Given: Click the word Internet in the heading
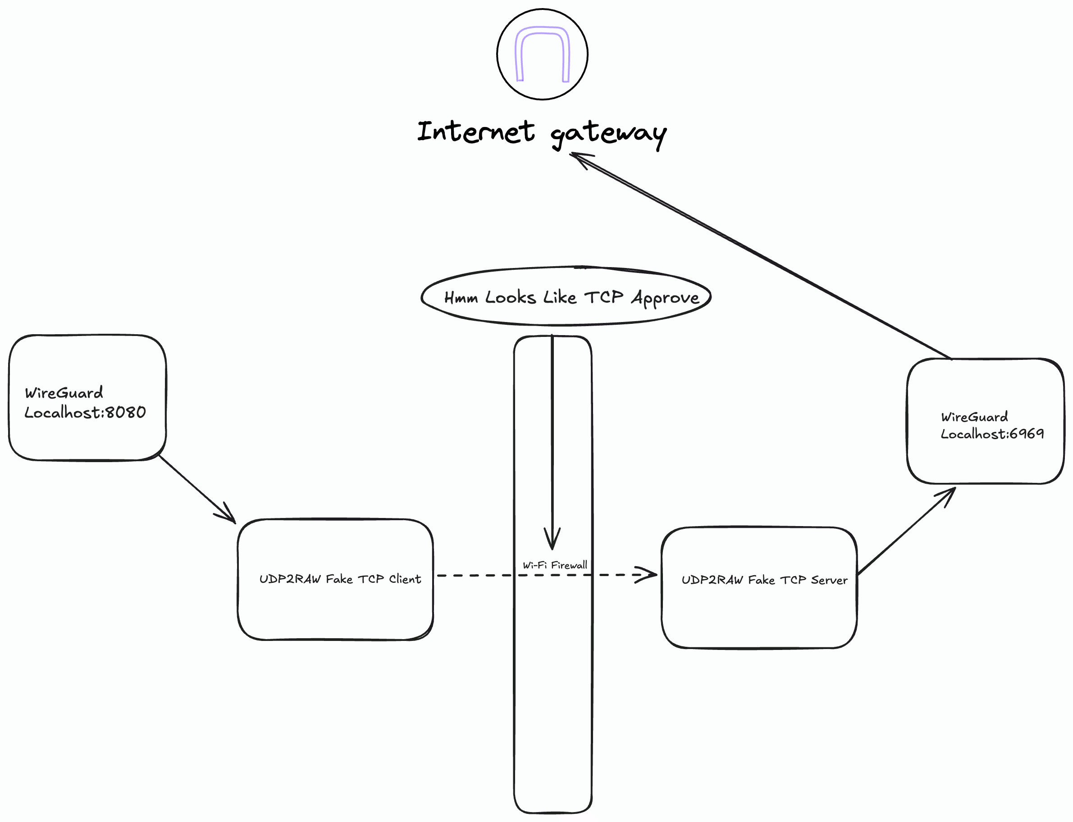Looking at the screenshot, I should point(476,132).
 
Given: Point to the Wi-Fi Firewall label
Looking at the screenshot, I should point(555,566).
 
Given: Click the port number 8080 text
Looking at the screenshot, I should point(126,413).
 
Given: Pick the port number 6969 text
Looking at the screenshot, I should point(1027,433).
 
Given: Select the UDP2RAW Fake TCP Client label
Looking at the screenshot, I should point(340,579).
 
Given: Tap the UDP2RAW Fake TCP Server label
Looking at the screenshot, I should point(764,580).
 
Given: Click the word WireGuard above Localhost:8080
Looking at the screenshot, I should point(64,393).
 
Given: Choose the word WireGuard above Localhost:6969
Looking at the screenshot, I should point(974,417).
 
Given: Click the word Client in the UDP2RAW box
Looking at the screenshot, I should point(405,579).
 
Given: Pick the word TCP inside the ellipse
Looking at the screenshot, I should point(603,297).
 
